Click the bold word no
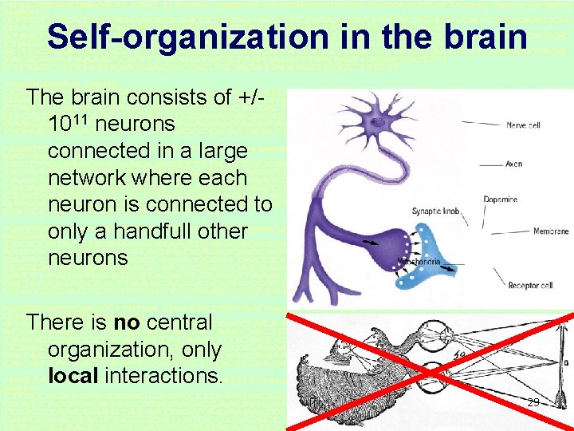click(x=127, y=322)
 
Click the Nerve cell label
click(x=523, y=125)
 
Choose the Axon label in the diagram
click(x=513, y=164)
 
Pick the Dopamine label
click(x=500, y=200)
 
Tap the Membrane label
click(x=551, y=232)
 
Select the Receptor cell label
click(x=530, y=285)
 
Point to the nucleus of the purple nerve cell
click(x=374, y=121)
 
